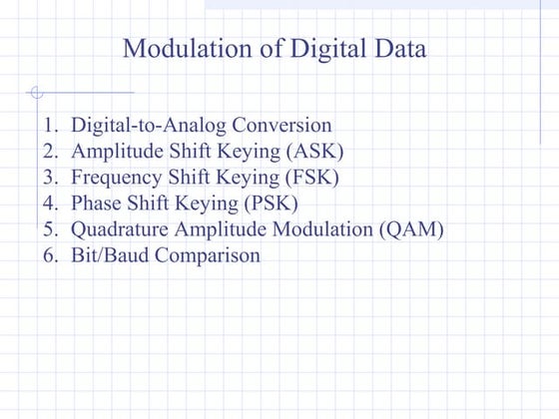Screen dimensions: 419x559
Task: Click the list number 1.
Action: point(50,126)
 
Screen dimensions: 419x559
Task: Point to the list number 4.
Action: point(50,204)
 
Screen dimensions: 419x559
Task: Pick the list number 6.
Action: point(50,255)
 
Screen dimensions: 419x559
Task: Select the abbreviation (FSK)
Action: point(309,178)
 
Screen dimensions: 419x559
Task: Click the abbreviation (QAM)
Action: point(411,229)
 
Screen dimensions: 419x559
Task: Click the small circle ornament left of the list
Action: point(37,94)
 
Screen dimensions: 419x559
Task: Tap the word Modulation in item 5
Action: point(320,229)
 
